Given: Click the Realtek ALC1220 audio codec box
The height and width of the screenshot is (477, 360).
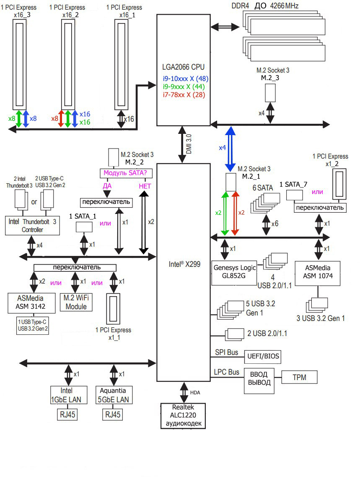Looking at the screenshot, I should click(x=183, y=415).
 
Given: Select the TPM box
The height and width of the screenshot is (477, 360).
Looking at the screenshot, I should click(x=299, y=378).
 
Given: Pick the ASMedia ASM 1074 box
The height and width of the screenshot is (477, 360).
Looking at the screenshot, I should click(x=317, y=273).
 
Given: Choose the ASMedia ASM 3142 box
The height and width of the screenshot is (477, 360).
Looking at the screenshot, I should click(x=31, y=302).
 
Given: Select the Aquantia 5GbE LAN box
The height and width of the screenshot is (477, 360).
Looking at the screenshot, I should click(x=114, y=394).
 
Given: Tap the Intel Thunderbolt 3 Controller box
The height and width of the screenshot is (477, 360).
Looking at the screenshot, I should click(x=31, y=226).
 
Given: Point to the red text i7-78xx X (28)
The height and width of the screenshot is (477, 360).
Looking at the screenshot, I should click(x=185, y=95).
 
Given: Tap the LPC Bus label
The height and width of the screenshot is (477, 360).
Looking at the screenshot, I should click(x=226, y=372).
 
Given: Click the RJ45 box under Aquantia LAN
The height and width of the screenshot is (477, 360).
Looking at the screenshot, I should click(x=113, y=415).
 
